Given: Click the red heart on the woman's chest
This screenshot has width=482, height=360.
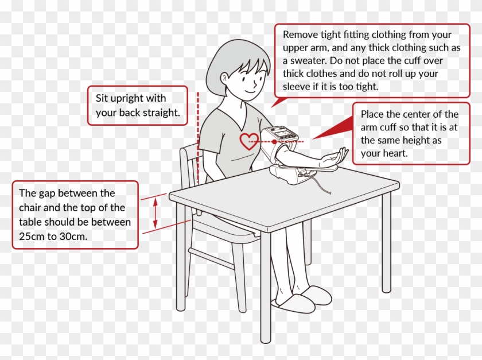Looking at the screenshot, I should pos(248,141).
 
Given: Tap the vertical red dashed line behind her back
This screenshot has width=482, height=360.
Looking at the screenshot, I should pos(197,138).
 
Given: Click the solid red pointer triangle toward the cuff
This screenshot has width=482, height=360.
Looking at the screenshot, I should pos(333,130).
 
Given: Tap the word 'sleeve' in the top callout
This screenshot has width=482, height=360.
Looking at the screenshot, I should pos(297,87).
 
